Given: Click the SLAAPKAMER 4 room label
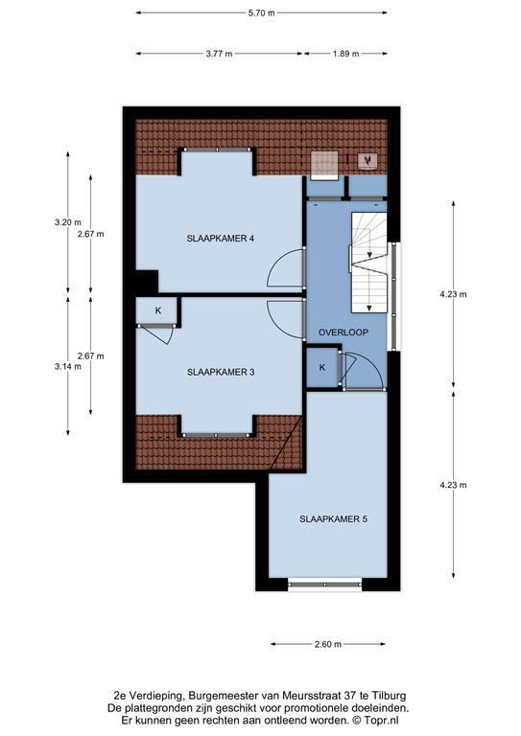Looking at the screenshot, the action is tap(221, 239).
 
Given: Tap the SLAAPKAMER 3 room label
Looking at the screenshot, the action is tap(221, 372).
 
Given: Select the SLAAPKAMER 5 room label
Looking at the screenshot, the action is tap(333, 519).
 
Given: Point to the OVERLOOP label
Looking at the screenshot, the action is tap(343, 333).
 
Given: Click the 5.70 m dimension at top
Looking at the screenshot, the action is tap(262, 13).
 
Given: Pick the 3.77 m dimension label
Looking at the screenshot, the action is tap(219, 54).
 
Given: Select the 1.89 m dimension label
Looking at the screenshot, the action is tap(345, 54).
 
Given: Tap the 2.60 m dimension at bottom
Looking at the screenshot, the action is tap(328, 644).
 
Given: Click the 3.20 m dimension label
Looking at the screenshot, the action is tap(68, 222).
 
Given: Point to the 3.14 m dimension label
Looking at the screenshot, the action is tap(68, 367).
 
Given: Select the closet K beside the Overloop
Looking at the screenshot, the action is tap(322, 368).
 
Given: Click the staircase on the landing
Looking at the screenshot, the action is tap(369, 263).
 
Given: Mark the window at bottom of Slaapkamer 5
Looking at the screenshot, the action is tap(324, 585).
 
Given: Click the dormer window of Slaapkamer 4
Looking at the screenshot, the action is tap(217, 149).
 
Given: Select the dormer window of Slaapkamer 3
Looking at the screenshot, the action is tap(217, 436).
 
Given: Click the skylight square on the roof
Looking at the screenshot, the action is tap(324, 164).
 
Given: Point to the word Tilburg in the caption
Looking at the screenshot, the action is tap(391, 696).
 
